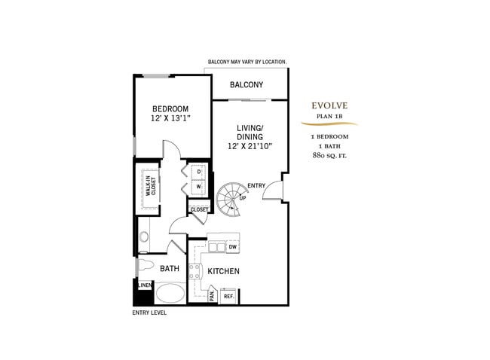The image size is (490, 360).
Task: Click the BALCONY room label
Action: (247, 84)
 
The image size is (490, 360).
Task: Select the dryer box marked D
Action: (199, 172)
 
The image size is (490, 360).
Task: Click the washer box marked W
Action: (199, 187)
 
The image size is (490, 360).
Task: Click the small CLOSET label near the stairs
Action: (199, 210)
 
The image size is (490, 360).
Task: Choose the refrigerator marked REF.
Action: (227, 296)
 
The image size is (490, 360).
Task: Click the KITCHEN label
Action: (224, 271)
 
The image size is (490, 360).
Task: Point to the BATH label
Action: (170, 268)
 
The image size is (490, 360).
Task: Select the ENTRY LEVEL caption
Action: (149, 313)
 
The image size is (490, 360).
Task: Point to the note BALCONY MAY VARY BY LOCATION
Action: (247, 62)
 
